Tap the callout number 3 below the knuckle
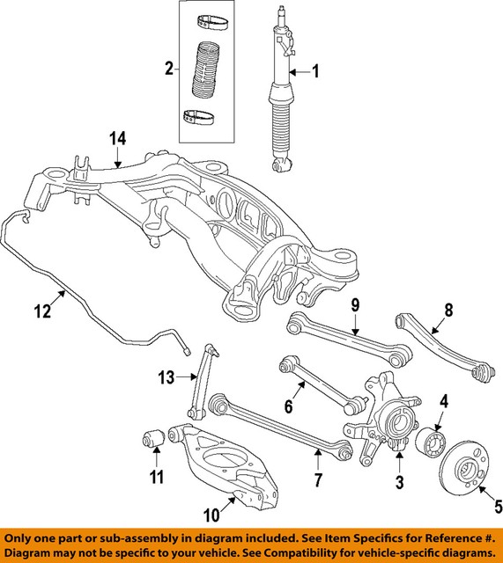pos(399,482)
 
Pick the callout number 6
pos(288,407)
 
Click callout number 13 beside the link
pos(167,378)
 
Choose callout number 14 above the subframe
pos(119,138)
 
